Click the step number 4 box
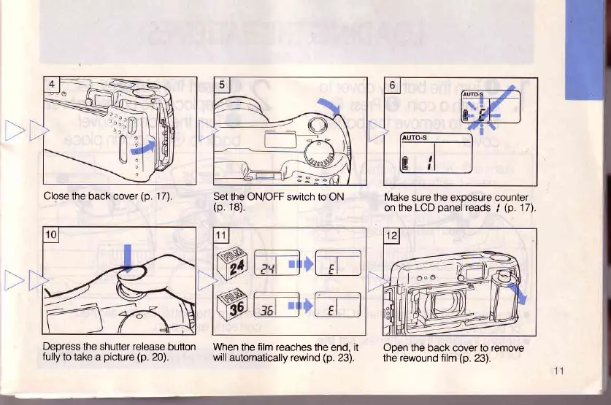coord(52,84)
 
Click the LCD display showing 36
coord(272,307)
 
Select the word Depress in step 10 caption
coord(64,347)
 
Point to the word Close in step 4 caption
coord(58,195)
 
